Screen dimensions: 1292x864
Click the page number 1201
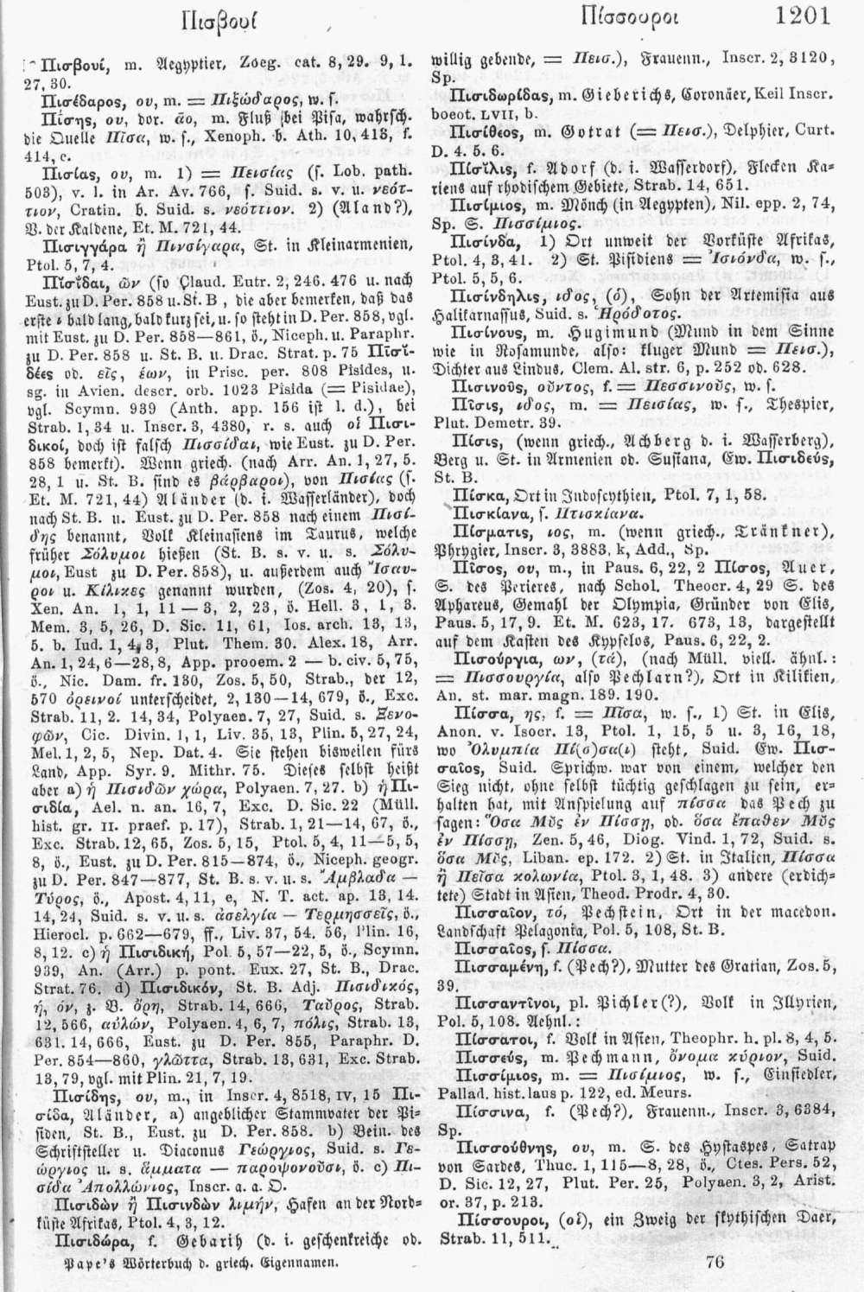click(x=802, y=14)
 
